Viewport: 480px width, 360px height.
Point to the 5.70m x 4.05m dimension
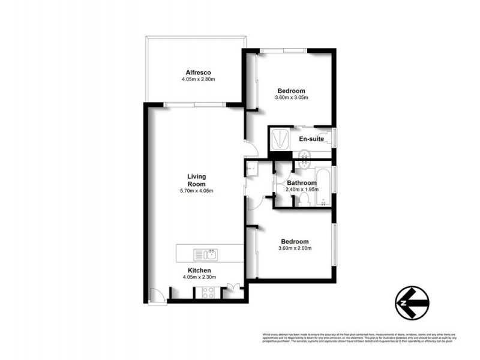pos(197,191)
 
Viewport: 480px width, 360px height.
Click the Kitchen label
pos(198,271)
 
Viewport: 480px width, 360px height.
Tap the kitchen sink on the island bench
pos(211,254)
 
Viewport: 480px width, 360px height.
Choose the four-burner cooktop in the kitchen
pos(208,293)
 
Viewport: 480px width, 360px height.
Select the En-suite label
pos(311,139)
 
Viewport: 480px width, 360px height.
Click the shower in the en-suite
pos(278,139)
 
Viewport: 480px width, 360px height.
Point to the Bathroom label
pos(301,183)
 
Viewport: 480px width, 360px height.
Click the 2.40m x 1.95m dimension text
pos(302,190)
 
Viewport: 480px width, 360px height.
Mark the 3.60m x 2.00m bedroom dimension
pos(295,248)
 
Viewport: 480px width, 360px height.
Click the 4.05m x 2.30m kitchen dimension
pos(199,277)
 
